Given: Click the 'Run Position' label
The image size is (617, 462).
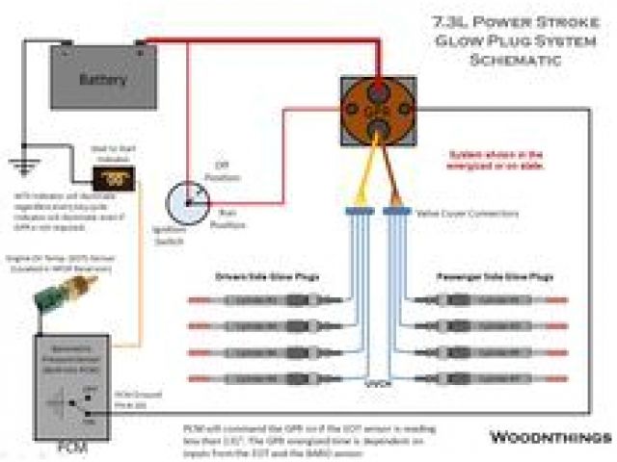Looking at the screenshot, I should tap(227, 220).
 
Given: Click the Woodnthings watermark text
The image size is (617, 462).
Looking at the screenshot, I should tap(547, 437).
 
